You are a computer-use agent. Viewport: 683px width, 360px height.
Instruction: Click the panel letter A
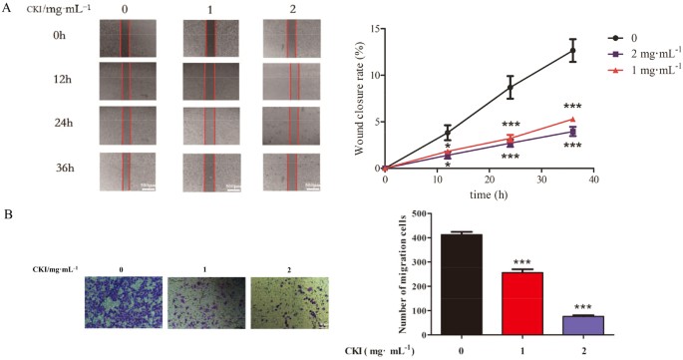click(7, 9)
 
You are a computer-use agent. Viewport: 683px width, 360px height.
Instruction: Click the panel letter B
click(8, 213)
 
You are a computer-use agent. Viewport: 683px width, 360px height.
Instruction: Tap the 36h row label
click(39, 165)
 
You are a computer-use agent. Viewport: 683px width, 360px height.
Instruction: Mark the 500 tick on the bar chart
click(380, 214)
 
